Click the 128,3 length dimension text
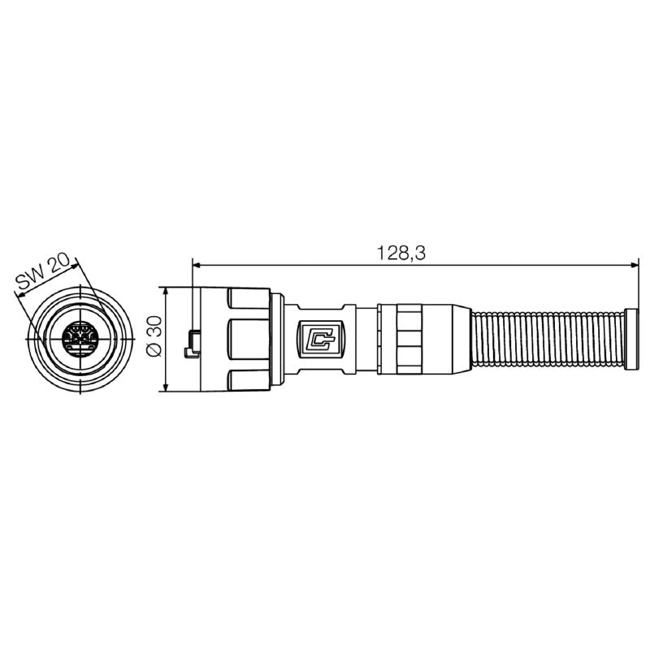[401, 253]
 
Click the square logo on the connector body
[323, 338]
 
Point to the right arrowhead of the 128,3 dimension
[632, 264]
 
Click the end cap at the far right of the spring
[631, 338]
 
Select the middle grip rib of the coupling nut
[249, 338]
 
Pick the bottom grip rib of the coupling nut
[249, 378]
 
